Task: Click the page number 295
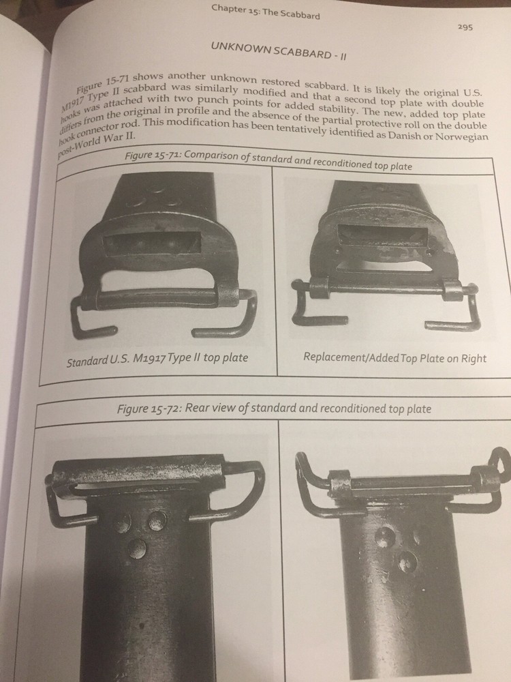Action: [465, 27]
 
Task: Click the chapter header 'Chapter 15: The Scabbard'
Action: [266, 11]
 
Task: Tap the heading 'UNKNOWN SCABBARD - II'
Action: [279, 51]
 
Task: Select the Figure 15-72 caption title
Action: [274, 409]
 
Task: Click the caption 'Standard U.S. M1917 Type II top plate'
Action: [157, 359]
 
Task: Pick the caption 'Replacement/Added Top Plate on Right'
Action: [394, 358]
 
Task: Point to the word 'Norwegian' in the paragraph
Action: [461, 136]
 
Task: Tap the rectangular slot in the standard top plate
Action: [153, 243]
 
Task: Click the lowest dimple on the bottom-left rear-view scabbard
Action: [137, 548]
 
